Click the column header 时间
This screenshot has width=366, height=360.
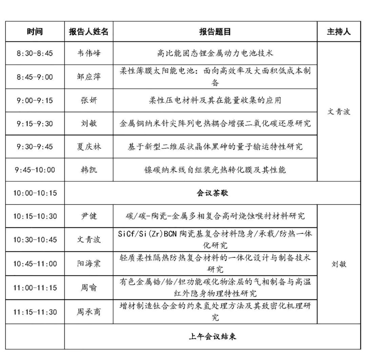click(35, 32)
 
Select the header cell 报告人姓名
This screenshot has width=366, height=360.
click(88, 32)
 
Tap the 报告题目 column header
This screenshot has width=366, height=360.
click(215, 32)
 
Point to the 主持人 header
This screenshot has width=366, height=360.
click(339, 32)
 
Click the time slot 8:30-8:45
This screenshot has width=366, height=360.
click(35, 54)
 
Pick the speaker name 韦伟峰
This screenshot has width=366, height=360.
click(89, 54)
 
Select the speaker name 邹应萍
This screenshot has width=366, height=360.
click(89, 77)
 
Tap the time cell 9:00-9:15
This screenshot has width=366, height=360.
click(35, 101)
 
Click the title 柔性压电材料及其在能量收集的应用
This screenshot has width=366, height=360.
click(215, 101)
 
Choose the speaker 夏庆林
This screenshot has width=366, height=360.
click(89, 147)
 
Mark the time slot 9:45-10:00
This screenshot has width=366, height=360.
click(35, 170)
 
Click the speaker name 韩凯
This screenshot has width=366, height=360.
click(89, 170)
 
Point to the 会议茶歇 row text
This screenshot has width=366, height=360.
click(212, 193)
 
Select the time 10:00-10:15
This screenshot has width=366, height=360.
click(35, 193)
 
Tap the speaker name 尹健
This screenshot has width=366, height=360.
click(89, 216)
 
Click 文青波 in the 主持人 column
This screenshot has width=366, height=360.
click(339, 112)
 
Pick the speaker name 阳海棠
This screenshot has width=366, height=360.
click(89, 264)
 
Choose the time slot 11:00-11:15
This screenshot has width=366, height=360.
click(35, 288)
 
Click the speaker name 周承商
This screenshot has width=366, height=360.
click(89, 312)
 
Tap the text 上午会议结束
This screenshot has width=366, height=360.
click(212, 337)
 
